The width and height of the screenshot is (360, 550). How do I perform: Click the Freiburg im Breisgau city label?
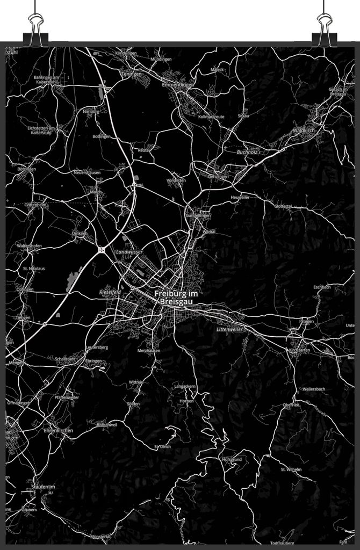tap(175, 298)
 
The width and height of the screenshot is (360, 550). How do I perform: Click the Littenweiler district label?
tap(230, 329)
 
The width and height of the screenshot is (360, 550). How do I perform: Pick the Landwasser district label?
tap(129, 251)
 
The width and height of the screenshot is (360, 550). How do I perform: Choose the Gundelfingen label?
tap(198, 215)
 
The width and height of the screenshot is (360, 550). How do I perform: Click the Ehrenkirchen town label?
tap(58, 430)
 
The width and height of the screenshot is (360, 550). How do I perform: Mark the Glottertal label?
tap(283, 206)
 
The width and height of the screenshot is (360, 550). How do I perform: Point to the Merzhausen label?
tap(148, 350)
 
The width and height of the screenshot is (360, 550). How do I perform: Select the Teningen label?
tap(131, 74)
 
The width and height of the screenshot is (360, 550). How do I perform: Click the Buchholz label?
tap(247, 152)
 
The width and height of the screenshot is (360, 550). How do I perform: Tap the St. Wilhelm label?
tap(291, 469)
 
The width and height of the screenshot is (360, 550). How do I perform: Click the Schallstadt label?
tap(65, 359)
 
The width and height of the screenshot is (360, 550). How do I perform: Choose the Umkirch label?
tap(79, 233)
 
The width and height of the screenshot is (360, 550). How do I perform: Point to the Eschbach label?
tap(322, 287)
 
